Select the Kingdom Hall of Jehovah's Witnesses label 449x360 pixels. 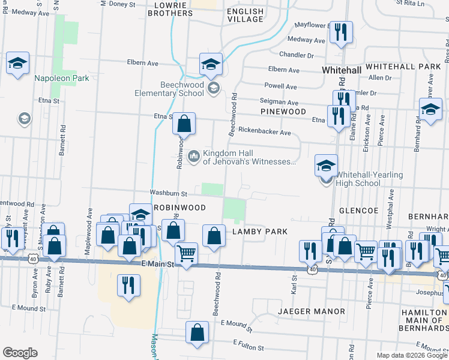coord(250,157)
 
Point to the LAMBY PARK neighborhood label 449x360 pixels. coord(260,231)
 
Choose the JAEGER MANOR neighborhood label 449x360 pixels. coord(312,311)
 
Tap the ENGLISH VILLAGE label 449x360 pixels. coord(245,15)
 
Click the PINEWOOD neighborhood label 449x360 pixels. coord(283,112)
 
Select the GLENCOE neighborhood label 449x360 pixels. coord(358,211)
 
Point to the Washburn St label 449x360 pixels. coord(169,193)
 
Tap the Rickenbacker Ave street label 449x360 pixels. coord(264,131)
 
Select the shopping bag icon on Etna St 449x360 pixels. coord(184,124)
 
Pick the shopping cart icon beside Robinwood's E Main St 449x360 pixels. coord(186,255)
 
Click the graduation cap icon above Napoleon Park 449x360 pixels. coord(18,62)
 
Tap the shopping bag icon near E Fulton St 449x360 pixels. coord(197,334)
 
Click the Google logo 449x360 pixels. coord(20,352)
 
